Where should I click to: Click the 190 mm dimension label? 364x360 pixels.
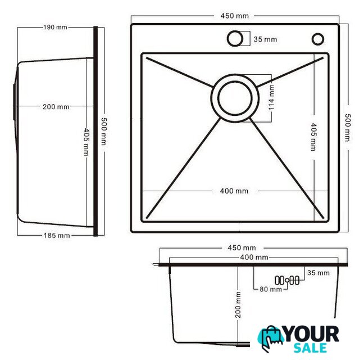pos(55,28)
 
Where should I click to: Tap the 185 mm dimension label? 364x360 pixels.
pos(57,236)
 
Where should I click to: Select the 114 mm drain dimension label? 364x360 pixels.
pos(271,97)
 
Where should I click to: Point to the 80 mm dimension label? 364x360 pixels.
pos(271,289)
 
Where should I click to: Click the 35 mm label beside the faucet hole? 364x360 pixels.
pos(265,39)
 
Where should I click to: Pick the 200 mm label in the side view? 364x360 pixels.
pos(56,107)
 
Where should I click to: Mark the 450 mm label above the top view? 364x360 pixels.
pos(234,16)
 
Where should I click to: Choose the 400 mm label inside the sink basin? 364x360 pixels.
pos(234,191)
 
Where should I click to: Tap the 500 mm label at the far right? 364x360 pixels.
pos(347,128)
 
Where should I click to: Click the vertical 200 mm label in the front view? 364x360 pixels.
pos(238,305)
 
